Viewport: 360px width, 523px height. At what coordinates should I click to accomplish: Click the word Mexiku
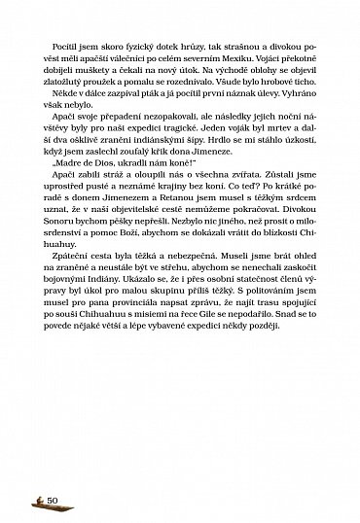[x=236, y=91]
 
